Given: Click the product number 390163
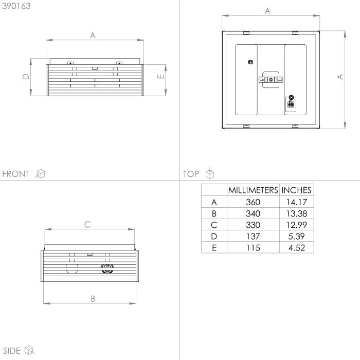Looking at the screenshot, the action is coord(16,6).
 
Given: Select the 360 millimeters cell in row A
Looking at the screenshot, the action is coord(253,202).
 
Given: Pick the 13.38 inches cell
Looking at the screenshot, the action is coord(297,213).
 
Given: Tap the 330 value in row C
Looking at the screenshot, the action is coord(253,225).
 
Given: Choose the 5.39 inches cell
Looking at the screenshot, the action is coord(297,236).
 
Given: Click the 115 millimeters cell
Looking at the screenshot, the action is coord(253,248).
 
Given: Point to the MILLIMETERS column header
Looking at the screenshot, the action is coord(253,190).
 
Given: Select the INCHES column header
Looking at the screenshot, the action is coord(296,190).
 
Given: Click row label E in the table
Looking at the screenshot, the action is coord(214,248).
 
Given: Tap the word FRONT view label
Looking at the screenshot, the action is coord(15,174).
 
